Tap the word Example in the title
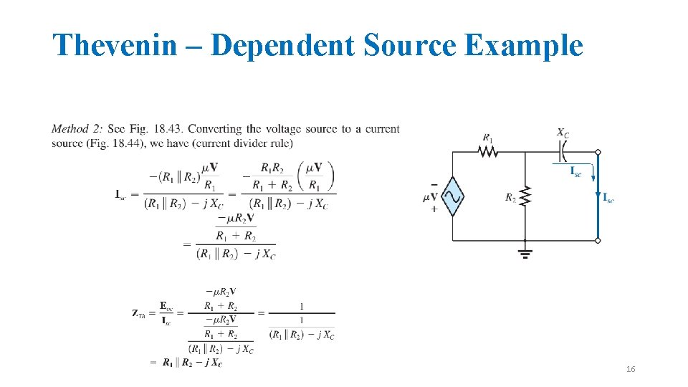(523, 46)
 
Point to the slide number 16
(631, 369)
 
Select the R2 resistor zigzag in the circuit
(525, 196)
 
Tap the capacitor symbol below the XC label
(563, 151)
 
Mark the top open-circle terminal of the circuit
(598, 152)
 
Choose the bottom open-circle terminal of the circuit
(598, 241)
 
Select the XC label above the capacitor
(563, 133)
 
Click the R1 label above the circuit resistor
(488, 138)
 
